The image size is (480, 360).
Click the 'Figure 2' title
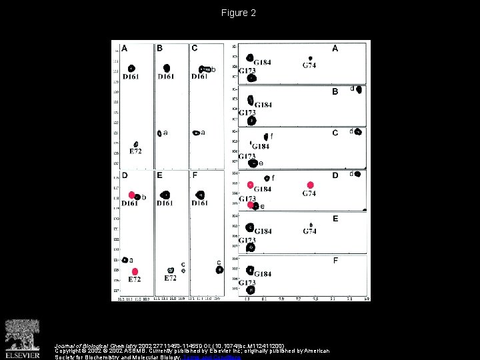(239, 13)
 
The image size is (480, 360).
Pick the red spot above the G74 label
(309, 185)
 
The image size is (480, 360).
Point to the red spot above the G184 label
(251, 184)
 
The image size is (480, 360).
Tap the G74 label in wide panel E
(310, 231)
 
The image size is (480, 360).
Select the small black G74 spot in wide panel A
(310, 59)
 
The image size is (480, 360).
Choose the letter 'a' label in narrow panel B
(165, 132)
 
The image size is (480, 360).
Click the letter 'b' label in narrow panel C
(213, 69)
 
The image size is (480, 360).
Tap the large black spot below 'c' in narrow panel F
(219, 270)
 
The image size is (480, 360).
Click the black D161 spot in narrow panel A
(132, 68)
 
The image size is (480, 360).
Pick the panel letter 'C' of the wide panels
(335, 133)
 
